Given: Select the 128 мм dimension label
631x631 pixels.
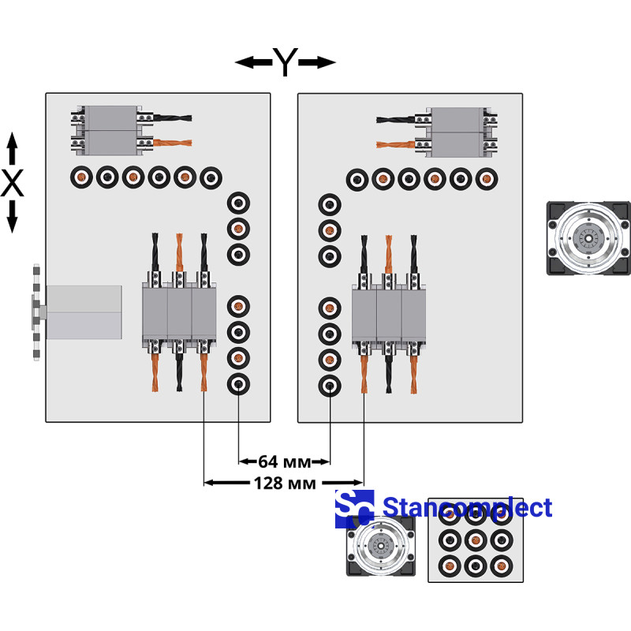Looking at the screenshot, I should pyautogui.click(x=284, y=482).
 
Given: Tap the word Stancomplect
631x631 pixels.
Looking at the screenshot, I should pyautogui.click(x=467, y=507).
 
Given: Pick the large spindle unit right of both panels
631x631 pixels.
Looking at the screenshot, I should pyautogui.click(x=588, y=237).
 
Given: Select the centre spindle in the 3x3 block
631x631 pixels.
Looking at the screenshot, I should pyautogui.click(x=475, y=541).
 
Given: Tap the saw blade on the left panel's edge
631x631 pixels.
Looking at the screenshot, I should pyautogui.click(x=35, y=312).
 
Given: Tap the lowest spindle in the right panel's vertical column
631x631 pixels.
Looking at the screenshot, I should pyautogui.click(x=329, y=386).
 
